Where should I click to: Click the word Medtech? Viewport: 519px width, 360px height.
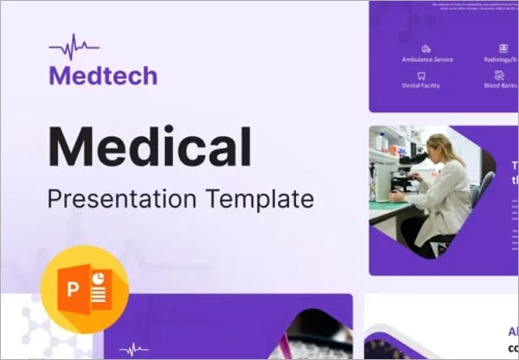click(103, 75)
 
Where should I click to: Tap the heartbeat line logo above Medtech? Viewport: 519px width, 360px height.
click(74, 46)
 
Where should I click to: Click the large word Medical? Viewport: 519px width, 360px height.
click(150, 146)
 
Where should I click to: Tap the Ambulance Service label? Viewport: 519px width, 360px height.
click(426, 61)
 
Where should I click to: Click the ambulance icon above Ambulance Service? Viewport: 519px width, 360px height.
click(426, 48)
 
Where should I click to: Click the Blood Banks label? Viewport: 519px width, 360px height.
click(501, 86)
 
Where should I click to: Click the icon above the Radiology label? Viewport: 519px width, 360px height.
click(503, 48)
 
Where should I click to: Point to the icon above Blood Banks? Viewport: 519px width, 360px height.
click(501, 75)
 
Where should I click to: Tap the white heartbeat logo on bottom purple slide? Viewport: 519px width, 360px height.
click(134, 350)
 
